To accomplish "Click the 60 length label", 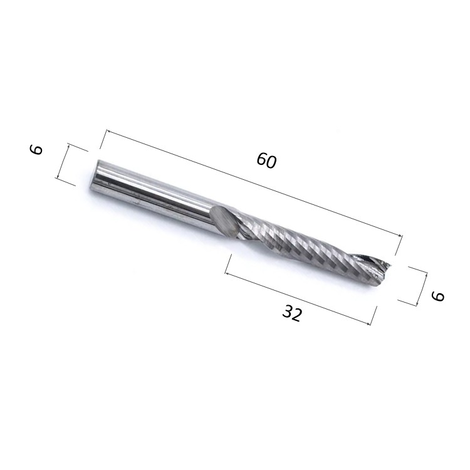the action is coord(266,160).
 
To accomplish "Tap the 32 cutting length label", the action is coord(292,313).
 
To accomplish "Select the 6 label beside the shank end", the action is coord(36,149).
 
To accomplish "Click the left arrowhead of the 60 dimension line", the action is coord(109,132).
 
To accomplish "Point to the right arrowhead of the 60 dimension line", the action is coord(400,236).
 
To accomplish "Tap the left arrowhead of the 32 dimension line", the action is coord(227,273).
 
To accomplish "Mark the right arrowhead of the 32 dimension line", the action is coord(368,323).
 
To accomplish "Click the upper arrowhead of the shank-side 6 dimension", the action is coord(68,146).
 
